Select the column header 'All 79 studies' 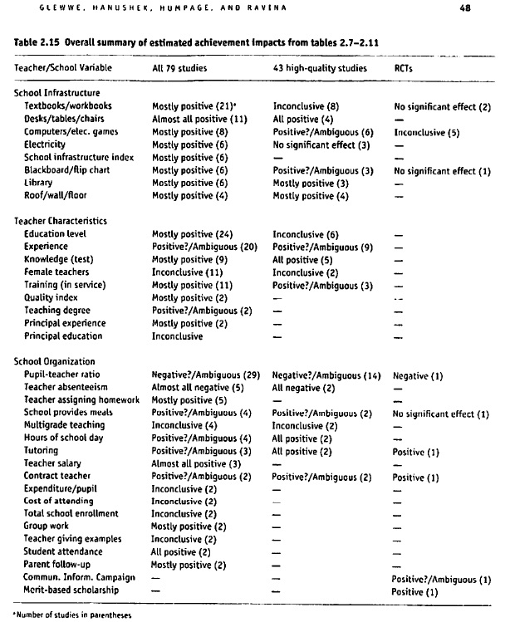pyautogui.click(x=179, y=66)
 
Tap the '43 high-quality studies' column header pyautogui.click(x=319, y=66)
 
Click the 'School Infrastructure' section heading pyautogui.click(x=57, y=94)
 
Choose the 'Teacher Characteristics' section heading pyautogui.click(x=61, y=221)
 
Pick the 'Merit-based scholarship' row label pyautogui.click(x=71, y=590)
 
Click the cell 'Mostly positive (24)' pyautogui.click(x=189, y=234)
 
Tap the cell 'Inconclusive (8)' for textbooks pyautogui.click(x=306, y=106)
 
